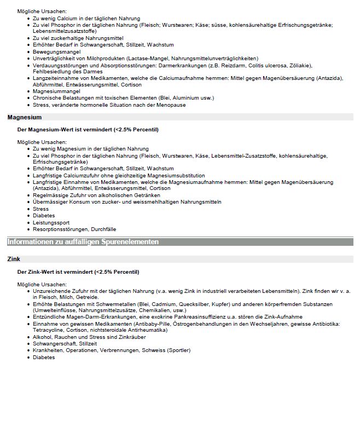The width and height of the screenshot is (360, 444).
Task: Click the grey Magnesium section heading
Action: click(25, 117)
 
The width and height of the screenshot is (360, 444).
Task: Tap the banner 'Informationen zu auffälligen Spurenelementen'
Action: click(83, 241)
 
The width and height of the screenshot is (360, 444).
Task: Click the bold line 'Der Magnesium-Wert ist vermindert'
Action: click(88, 130)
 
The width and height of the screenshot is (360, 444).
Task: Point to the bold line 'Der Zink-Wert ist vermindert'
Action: click(78, 272)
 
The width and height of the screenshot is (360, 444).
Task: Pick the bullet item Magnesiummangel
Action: click(56, 91)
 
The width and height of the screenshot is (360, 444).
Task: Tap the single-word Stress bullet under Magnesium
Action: click(40, 209)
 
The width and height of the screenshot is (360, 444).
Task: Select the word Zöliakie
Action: click(298, 65)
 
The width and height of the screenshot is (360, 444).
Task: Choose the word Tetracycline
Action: click(51, 331)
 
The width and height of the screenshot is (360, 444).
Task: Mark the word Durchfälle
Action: click(103, 229)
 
